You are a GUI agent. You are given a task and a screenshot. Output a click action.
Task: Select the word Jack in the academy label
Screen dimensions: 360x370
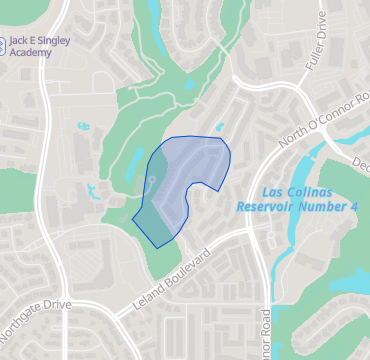click(21, 39)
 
